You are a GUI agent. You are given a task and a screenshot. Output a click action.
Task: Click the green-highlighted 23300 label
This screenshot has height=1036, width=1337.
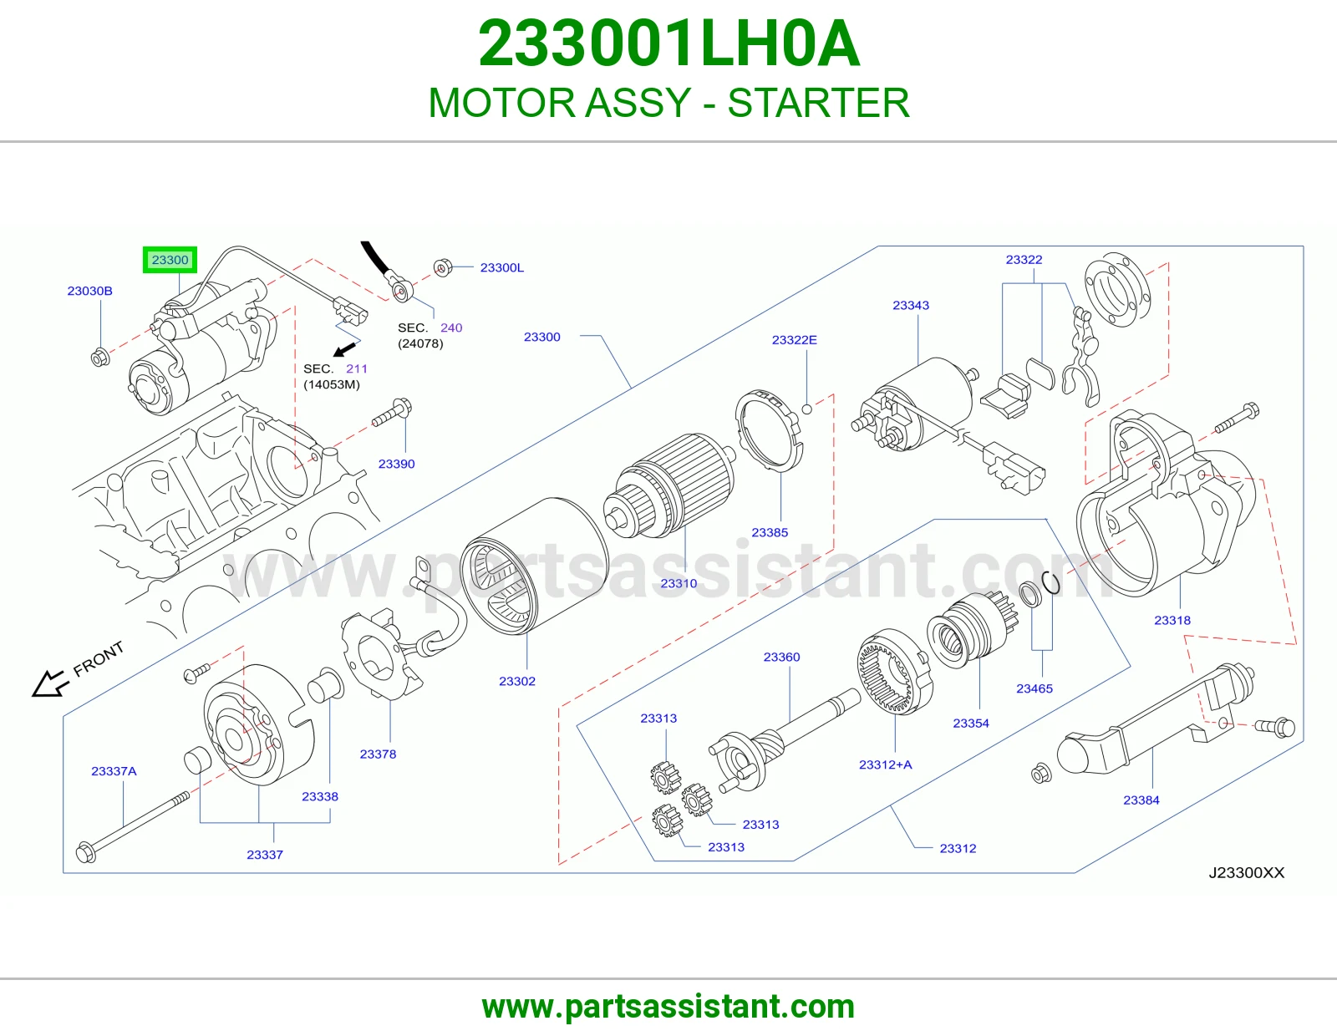170,260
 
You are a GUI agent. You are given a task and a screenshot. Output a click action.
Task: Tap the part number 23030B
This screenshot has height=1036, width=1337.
90,291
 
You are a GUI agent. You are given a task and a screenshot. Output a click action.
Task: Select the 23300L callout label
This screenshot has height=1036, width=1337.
502,267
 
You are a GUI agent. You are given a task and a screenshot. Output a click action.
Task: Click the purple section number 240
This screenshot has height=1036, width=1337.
451,328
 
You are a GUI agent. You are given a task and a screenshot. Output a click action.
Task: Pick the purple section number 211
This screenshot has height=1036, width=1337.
357,368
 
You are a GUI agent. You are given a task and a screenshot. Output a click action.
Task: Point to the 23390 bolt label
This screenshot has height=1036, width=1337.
396,464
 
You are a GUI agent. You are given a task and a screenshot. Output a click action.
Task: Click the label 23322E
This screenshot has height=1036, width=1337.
795,340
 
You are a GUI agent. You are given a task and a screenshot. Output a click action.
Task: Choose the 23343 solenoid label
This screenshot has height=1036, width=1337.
911,305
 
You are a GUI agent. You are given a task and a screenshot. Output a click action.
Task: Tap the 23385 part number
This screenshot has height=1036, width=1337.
770,532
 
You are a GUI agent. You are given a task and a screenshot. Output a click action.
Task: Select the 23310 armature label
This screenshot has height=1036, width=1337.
679,583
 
